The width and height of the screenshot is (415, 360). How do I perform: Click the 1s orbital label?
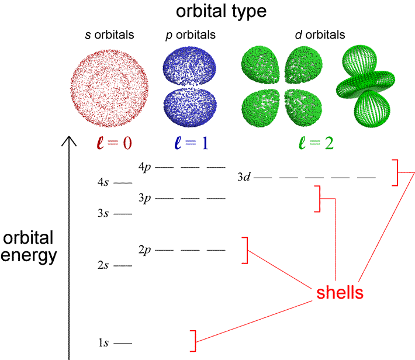(103, 342)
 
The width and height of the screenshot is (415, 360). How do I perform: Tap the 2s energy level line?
(123, 265)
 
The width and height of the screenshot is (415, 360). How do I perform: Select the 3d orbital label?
(244, 177)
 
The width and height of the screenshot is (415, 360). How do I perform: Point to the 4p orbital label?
(144, 167)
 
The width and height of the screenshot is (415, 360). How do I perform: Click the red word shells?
(340, 292)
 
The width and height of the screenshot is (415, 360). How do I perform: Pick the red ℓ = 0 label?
(115, 143)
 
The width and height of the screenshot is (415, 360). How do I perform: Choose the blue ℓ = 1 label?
(191, 143)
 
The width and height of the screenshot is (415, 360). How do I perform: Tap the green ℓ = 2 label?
(316, 143)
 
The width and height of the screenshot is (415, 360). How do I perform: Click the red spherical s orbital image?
(109, 88)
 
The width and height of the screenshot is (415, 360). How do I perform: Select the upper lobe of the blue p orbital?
(189, 66)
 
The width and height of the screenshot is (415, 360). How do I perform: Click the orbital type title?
(222, 12)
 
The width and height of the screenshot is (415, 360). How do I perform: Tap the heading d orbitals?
(320, 34)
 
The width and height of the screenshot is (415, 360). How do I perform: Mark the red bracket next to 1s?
(194, 341)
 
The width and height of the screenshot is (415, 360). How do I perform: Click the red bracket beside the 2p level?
(246, 250)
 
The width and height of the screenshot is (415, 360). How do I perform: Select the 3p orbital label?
(144, 198)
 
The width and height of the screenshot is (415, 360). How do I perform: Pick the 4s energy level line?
(123, 183)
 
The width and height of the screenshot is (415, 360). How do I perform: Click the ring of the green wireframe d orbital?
(365, 82)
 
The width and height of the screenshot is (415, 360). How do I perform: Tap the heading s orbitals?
(109, 34)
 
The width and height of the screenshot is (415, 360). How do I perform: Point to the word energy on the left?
(29, 256)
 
